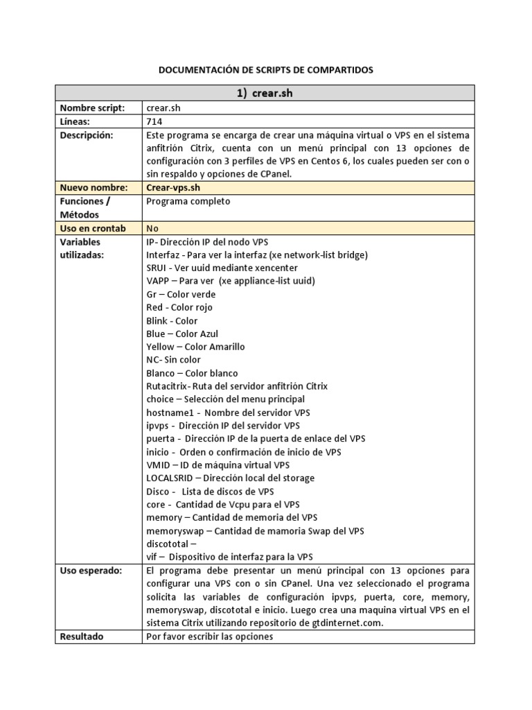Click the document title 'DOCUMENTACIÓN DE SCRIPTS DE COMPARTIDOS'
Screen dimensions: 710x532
[x=265, y=70]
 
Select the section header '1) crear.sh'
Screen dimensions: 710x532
[x=265, y=94]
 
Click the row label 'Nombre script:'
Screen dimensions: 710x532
[x=92, y=108]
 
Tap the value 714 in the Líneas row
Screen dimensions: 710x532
[x=154, y=121]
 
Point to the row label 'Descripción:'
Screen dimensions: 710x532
[x=86, y=135]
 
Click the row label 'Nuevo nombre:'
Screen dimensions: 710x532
[x=94, y=187]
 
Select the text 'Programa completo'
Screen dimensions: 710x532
[x=188, y=201]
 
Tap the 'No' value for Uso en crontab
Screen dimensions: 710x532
[x=152, y=228]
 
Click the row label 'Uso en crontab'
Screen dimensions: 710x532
[x=93, y=228]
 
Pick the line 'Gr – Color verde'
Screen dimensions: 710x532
[x=181, y=294]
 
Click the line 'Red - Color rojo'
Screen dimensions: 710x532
[x=179, y=307]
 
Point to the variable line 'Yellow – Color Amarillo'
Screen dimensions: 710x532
[x=195, y=347]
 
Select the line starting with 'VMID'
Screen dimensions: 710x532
[x=218, y=465]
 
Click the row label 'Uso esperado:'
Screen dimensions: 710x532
[x=91, y=570]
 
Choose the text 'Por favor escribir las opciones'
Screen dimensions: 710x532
[x=210, y=636]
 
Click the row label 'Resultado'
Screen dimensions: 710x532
[x=82, y=636]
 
